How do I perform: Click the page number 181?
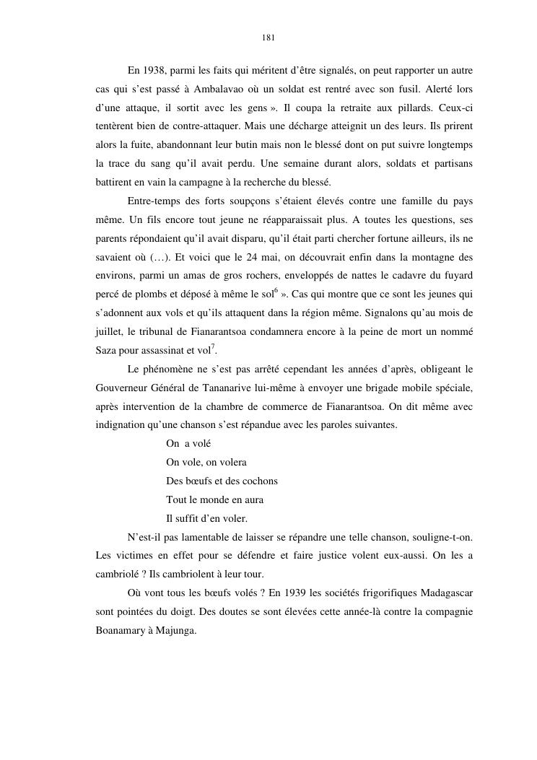click(268, 38)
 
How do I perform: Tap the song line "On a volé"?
click(188, 443)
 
